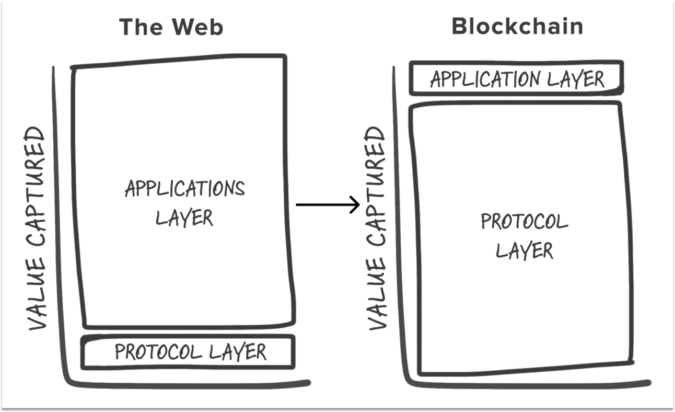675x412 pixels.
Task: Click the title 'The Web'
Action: (171, 27)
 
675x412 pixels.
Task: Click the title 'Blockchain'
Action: (517, 26)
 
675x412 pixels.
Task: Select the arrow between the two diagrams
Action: (328, 204)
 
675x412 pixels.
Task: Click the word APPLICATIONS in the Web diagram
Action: (184, 188)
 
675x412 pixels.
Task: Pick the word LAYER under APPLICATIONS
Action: (184, 218)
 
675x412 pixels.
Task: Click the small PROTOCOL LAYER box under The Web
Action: (189, 352)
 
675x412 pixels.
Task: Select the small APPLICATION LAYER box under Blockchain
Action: (517, 79)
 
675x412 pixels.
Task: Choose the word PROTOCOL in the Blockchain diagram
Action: (524, 222)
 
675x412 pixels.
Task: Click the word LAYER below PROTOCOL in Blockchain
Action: (524, 250)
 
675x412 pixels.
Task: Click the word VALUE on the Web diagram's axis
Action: (37, 300)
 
